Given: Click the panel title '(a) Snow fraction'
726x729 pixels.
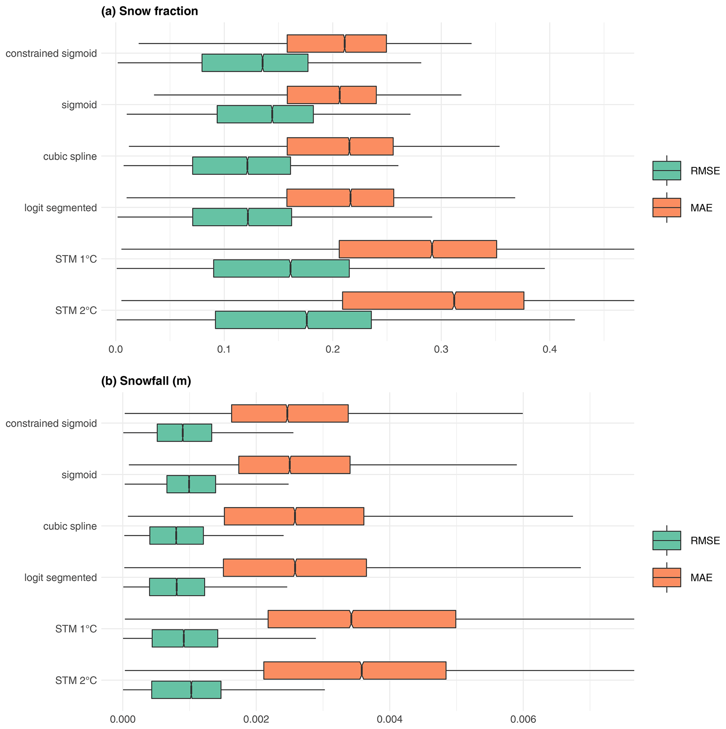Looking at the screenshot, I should [x=150, y=11].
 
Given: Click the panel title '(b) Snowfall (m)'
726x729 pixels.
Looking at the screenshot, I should [x=146, y=381].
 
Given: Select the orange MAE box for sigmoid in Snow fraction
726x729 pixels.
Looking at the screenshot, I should [x=332, y=95].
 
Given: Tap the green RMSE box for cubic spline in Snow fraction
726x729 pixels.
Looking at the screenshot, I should [x=242, y=166].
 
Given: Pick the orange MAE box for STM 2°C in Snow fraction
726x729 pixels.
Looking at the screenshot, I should [x=433, y=300].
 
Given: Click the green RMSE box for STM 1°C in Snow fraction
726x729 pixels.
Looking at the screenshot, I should [x=281, y=268].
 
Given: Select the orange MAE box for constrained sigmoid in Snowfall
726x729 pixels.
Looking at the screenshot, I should [x=289, y=413].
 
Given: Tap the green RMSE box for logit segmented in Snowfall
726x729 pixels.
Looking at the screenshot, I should [x=177, y=587].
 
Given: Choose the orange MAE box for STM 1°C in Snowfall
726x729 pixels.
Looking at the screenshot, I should [x=362, y=619].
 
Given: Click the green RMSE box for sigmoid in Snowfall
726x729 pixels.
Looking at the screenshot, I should [x=191, y=484].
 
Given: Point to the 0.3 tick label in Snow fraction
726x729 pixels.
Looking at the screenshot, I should [x=441, y=349].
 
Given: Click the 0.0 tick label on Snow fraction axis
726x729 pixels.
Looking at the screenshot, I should [x=116, y=349].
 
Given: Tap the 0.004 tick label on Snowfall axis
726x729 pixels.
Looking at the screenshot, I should [x=390, y=719].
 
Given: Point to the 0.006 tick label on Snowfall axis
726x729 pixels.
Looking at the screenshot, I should [x=523, y=719].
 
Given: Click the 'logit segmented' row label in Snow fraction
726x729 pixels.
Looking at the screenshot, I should [x=60, y=208].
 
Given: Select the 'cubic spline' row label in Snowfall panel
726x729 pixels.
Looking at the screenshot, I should [x=70, y=526].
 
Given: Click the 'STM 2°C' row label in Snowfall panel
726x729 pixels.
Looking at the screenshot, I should [x=76, y=680].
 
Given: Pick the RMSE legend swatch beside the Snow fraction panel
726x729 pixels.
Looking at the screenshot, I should [x=667, y=171].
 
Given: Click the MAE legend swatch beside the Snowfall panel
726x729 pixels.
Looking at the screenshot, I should [x=667, y=577].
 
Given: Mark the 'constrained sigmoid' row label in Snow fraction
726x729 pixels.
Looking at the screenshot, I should [x=51, y=54].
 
